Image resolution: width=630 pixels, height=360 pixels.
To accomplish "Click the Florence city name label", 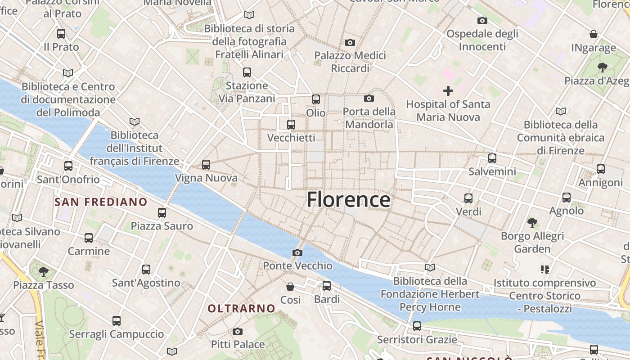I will click(x=348, y=199).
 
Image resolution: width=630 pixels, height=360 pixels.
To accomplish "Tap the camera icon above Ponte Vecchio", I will click(x=297, y=252).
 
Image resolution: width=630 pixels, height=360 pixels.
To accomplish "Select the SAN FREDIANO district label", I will click(x=101, y=202).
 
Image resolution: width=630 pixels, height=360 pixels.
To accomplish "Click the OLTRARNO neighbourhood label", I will click(x=241, y=308).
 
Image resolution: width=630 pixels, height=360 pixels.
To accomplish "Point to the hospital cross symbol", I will click(x=448, y=91).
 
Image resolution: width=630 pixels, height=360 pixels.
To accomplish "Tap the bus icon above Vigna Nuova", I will click(x=206, y=165).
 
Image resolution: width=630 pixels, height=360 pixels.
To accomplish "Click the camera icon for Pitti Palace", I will click(x=238, y=332).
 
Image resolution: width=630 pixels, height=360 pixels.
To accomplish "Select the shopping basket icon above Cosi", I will click(x=291, y=286).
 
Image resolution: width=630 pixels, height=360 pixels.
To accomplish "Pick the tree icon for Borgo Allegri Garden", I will click(x=532, y=222).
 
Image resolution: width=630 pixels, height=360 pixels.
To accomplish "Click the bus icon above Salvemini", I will click(x=492, y=158).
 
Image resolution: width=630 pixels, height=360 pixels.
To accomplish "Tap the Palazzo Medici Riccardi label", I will click(x=350, y=62).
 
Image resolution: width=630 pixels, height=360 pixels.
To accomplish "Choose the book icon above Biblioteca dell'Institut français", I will click(x=134, y=121).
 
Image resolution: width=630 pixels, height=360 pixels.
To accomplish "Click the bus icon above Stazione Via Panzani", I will click(x=247, y=72).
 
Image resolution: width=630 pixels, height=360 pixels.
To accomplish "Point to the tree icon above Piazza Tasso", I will click(x=44, y=271).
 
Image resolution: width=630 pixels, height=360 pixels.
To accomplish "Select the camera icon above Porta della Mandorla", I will click(x=369, y=98).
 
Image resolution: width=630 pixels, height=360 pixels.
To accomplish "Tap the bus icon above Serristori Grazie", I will click(x=417, y=326).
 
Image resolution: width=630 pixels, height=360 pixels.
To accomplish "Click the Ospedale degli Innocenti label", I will click(x=482, y=40).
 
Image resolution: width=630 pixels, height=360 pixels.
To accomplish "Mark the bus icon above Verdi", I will click(x=468, y=198).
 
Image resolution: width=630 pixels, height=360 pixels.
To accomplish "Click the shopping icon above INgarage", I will click(x=594, y=34).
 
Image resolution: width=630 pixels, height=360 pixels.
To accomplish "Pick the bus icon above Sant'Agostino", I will click(x=146, y=270).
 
